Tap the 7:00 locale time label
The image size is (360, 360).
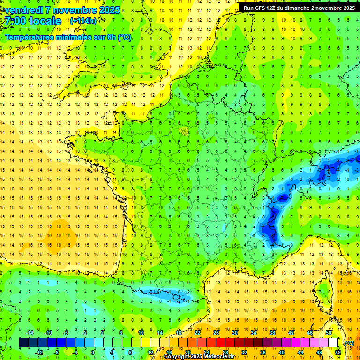click(33, 21)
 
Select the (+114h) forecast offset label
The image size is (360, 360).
click(83, 21)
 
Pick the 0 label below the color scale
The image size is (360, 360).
click(93, 352)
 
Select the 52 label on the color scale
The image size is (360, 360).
click(338, 352)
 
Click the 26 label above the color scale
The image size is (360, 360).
click(216, 332)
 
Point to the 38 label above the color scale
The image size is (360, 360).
click(272, 332)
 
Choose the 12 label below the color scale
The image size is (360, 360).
click(150, 352)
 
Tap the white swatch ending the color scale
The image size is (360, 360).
click(333, 342)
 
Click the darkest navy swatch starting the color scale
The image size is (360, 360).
click(23, 342)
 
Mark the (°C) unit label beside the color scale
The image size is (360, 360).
click(348, 343)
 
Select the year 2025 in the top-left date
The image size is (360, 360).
click(106, 10)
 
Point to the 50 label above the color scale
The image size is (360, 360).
click(328, 332)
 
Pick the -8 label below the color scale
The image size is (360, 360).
click(56, 352)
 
